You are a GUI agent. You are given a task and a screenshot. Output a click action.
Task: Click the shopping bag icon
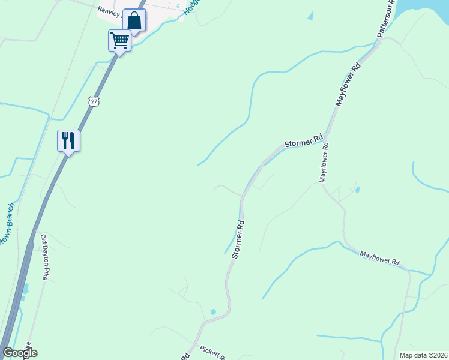pos(134,20)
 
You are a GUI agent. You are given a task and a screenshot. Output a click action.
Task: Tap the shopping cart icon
pos(119,41)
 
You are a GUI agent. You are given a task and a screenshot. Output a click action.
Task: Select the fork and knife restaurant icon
pos(68,141)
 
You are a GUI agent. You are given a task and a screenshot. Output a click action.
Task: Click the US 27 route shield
pos(93,101)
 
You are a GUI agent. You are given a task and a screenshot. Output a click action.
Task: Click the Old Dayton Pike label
pos(44,257)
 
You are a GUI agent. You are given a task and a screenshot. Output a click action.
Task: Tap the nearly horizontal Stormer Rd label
pos(304,142)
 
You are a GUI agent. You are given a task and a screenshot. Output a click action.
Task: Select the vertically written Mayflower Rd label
pos(324,162)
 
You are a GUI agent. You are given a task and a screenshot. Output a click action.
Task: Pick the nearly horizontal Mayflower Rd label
pos(379,259)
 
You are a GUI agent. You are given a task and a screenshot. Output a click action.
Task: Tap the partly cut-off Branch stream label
pos(6,231)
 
